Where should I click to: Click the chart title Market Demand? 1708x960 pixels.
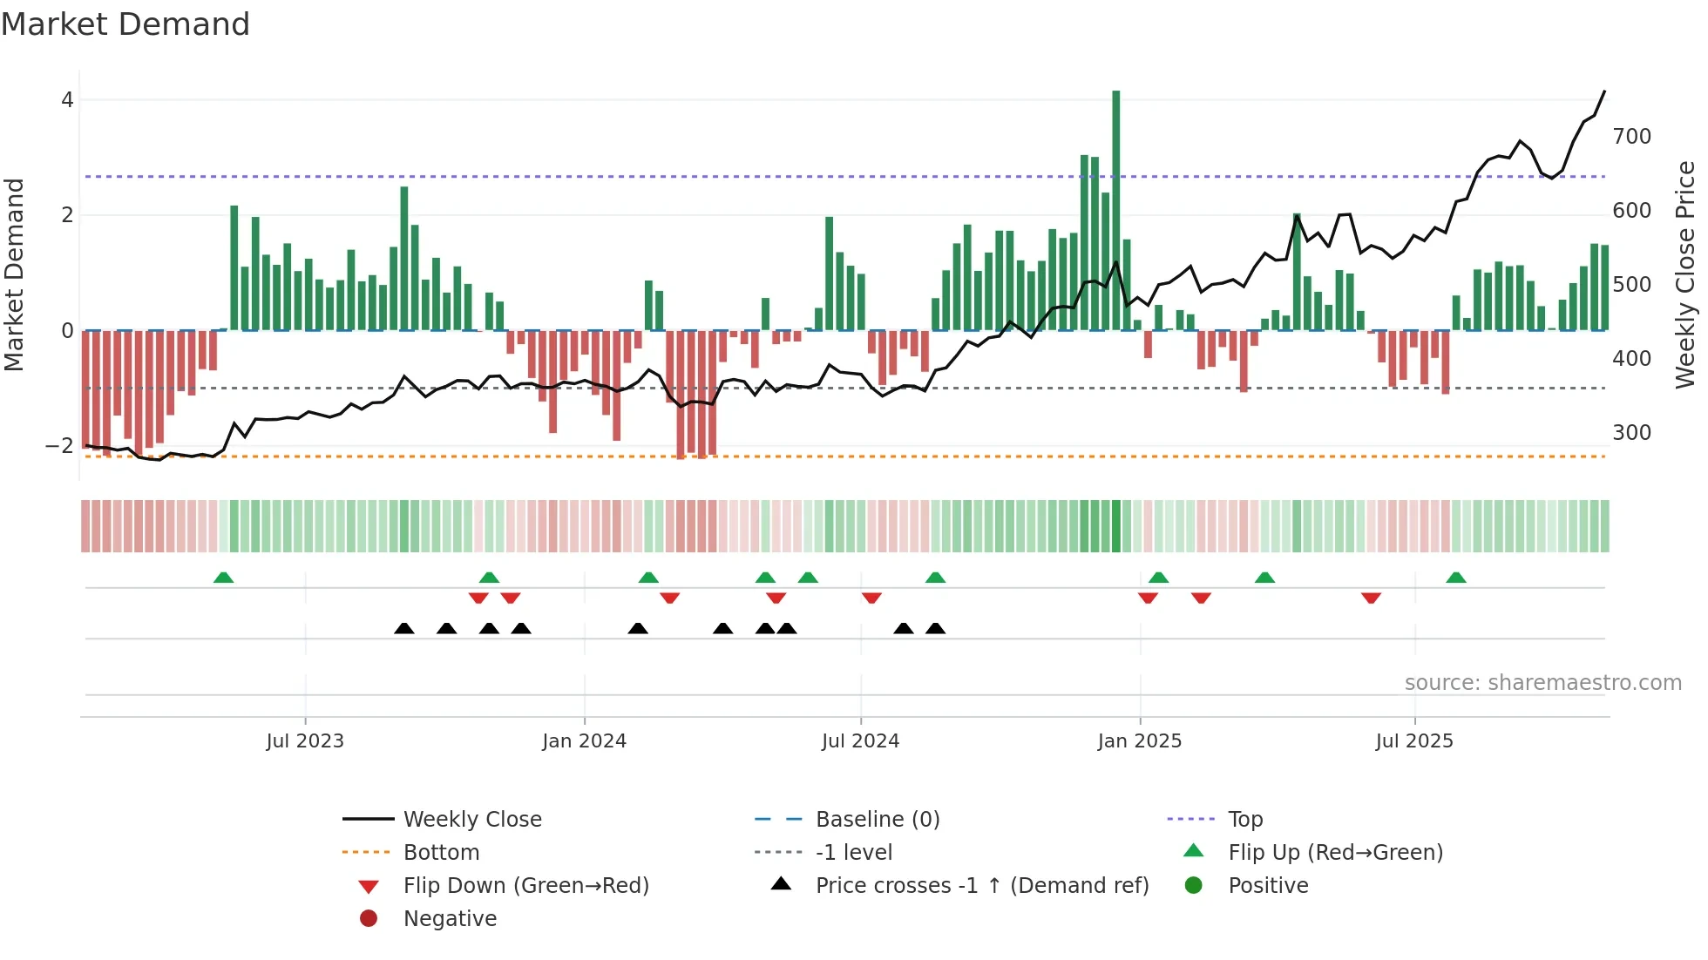point(125,24)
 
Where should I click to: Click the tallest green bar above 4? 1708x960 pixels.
point(1115,209)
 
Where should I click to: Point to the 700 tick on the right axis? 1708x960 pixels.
point(1631,137)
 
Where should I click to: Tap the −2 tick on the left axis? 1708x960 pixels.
point(59,446)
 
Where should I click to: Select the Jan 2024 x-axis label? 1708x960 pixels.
point(584,741)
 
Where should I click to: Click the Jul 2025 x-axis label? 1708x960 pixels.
point(1414,741)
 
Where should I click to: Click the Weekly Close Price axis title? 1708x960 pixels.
point(1685,274)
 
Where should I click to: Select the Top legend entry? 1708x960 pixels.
point(1245,820)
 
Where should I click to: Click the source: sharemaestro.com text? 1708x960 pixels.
point(1542,683)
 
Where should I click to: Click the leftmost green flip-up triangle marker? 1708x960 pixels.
point(224,578)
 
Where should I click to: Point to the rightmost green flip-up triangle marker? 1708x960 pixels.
point(1456,578)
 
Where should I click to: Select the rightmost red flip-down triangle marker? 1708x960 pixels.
point(1371,598)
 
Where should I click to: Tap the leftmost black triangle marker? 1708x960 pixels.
point(404,628)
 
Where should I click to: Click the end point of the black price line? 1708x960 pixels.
point(1604,91)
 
